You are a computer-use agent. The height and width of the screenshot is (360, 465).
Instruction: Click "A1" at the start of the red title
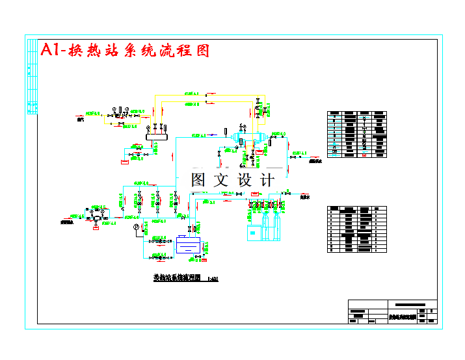click(x=49, y=51)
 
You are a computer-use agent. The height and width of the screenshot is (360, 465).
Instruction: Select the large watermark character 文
click(x=224, y=180)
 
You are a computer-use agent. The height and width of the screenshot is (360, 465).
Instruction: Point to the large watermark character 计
click(x=267, y=180)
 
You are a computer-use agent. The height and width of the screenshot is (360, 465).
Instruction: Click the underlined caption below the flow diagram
click(x=177, y=277)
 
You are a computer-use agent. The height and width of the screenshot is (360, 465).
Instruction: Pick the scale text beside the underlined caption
click(x=212, y=279)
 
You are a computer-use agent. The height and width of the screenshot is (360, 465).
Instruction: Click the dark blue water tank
click(x=189, y=245)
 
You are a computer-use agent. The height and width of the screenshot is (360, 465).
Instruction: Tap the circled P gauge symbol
click(x=136, y=227)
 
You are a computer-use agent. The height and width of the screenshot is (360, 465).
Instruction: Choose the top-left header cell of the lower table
click(x=335, y=209)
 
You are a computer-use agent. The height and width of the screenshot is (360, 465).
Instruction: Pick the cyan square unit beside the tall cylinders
click(x=254, y=231)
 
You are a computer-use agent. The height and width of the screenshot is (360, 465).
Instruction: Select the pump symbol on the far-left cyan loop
click(x=96, y=218)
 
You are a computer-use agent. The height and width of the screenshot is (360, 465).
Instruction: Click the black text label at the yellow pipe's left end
click(x=81, y=120)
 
